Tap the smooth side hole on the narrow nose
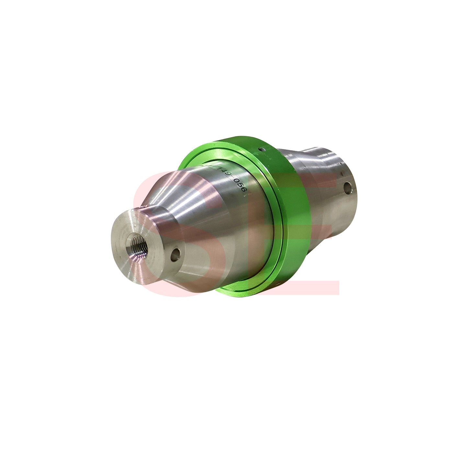coord(176,255)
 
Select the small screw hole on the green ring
coord(261,150)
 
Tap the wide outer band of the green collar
coord(291,207)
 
